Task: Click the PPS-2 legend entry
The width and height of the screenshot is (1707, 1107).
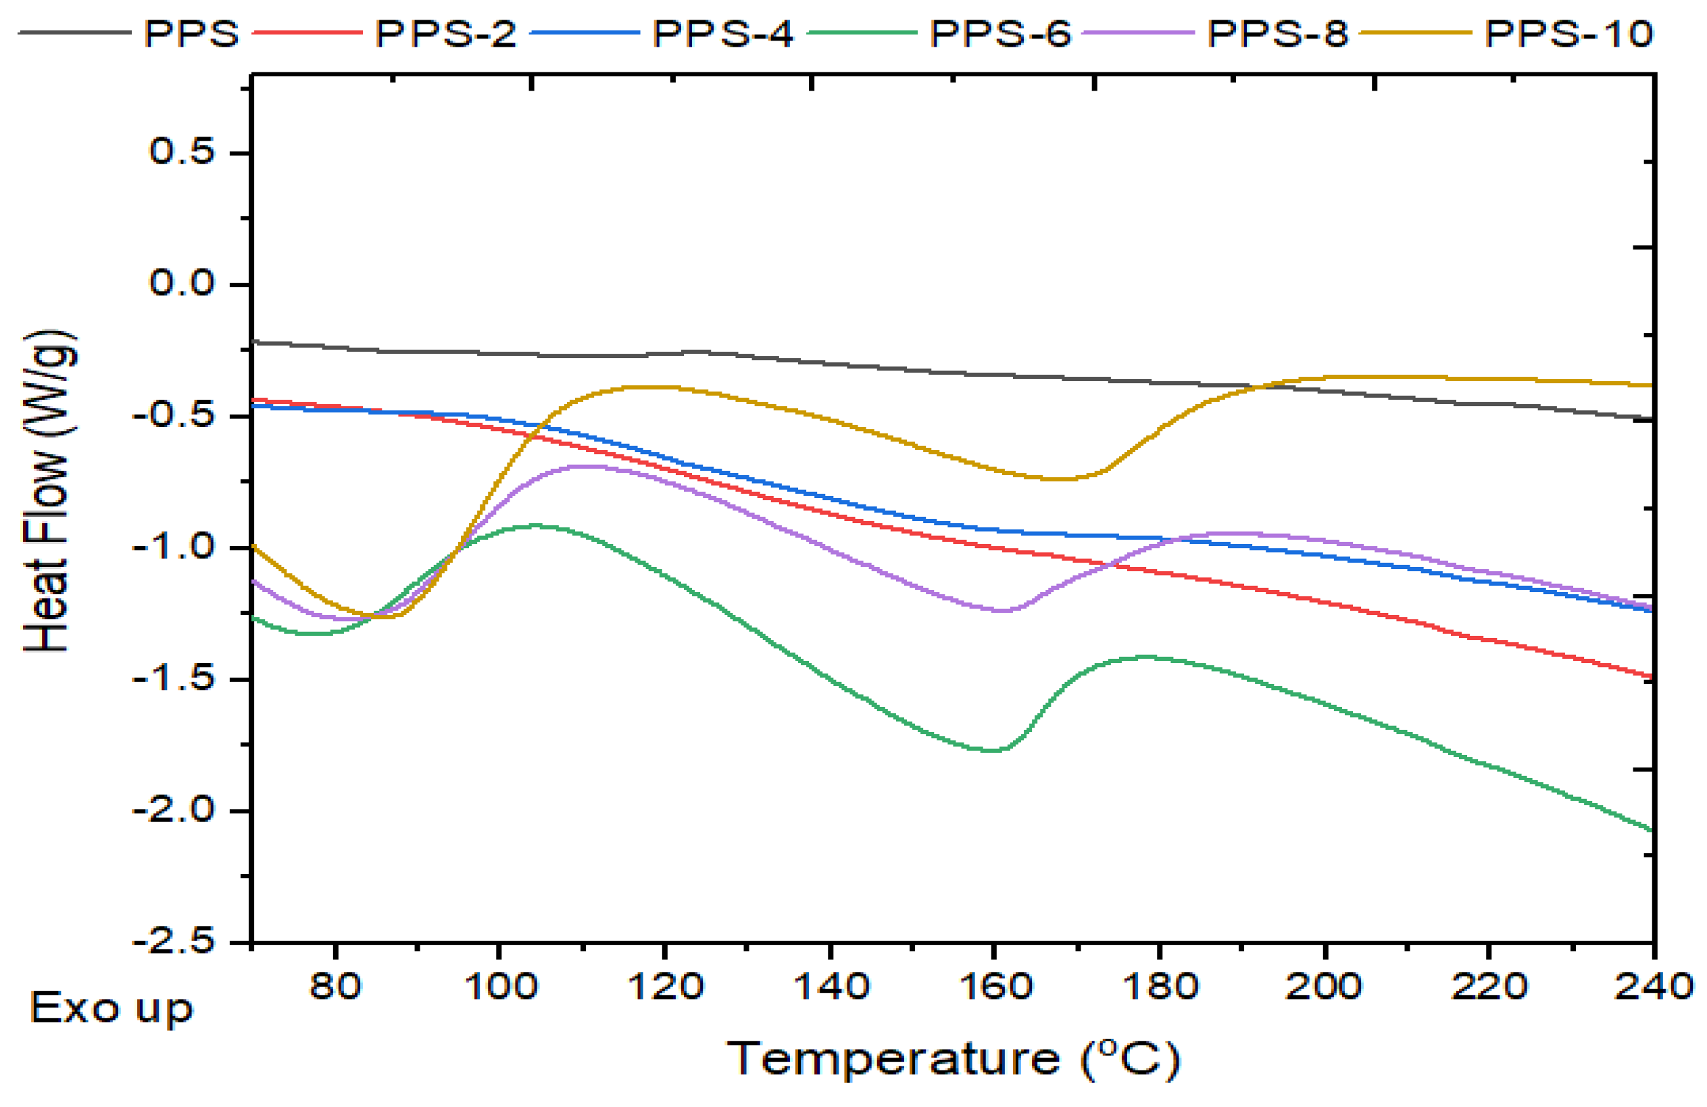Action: tap(445, 33)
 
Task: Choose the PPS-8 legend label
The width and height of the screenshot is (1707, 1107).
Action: tap(1277, 33)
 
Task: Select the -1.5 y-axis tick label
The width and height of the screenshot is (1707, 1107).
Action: tap(173, 678)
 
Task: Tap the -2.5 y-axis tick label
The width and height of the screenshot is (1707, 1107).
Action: tap(173, 941)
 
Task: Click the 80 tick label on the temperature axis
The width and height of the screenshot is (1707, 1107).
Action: tap(335, 987)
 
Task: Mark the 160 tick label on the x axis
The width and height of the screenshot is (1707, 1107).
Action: tap(994, 987)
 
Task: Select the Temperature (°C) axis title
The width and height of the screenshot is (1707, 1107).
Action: tap(954, 1058)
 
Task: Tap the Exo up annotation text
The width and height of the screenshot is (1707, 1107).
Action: tap(112, 1008)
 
